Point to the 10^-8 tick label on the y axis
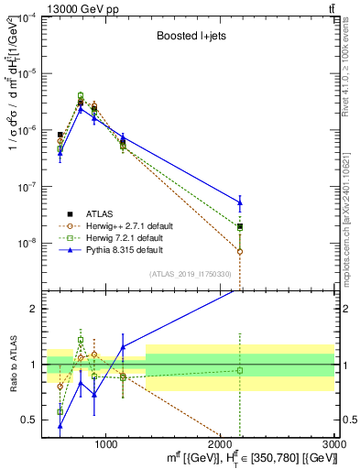point(28,243)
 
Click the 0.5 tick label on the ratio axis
point(31,420)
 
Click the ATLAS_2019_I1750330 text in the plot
point(191,273)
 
